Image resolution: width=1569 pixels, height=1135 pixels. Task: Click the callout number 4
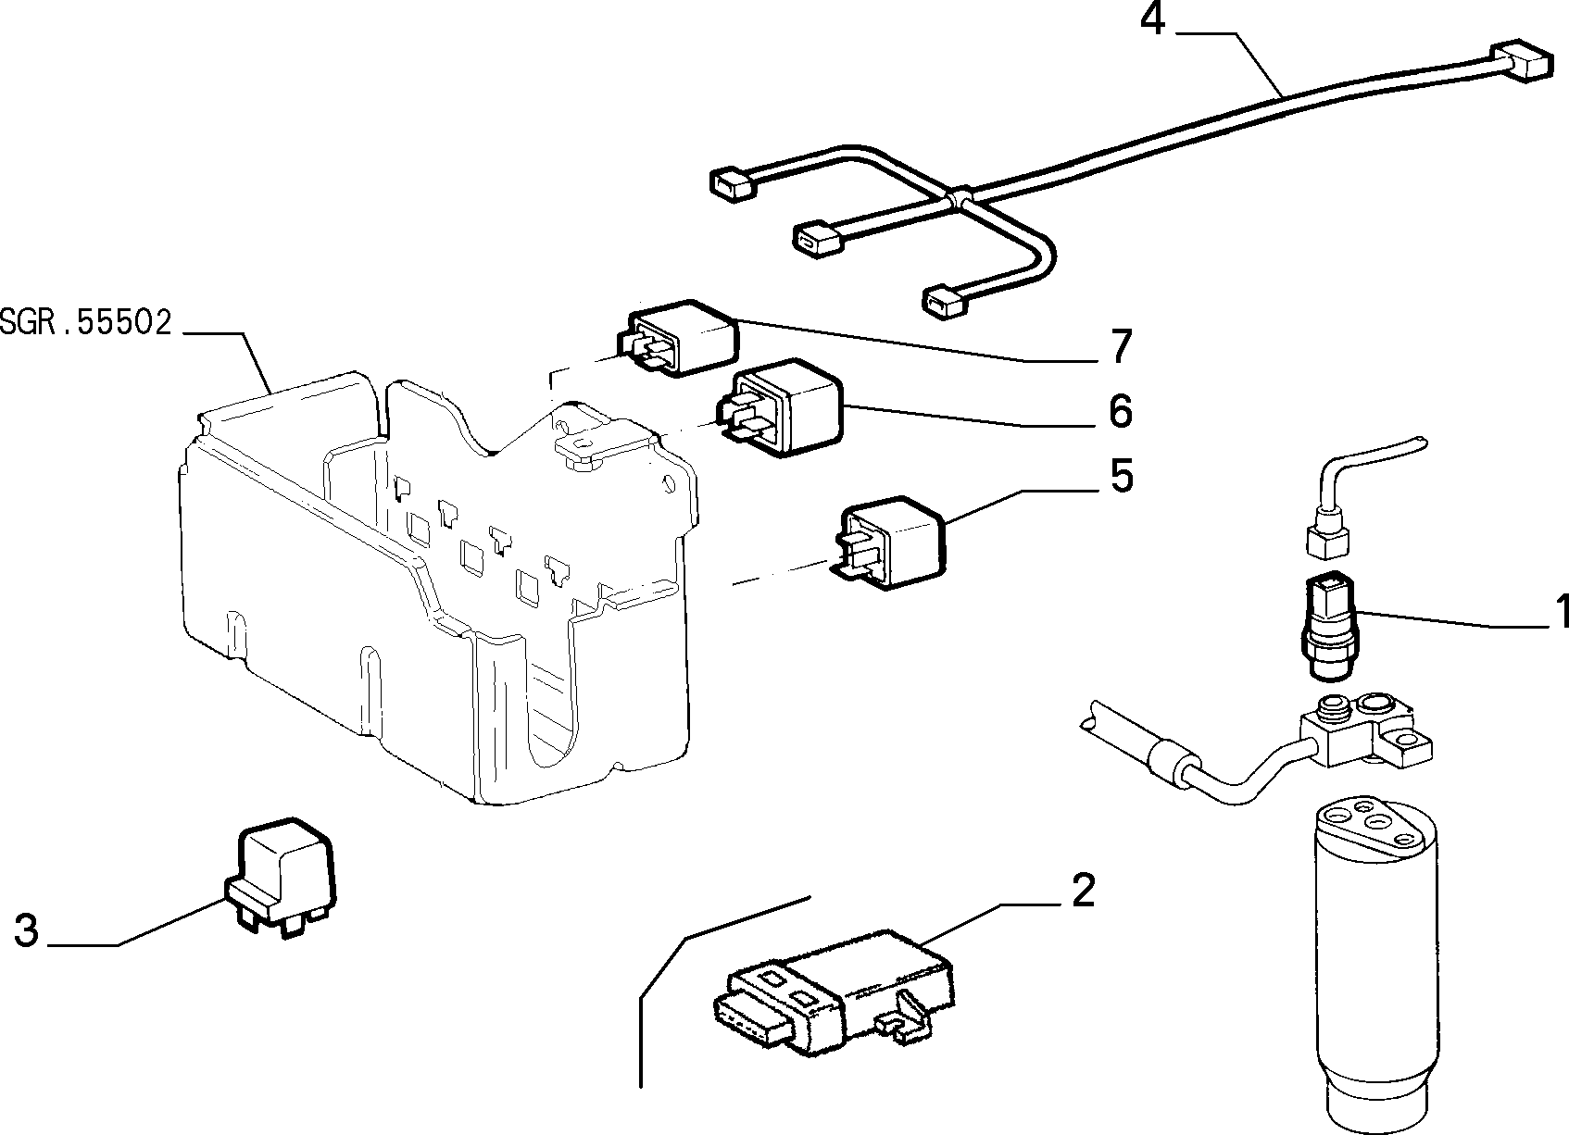tap(1153, 21)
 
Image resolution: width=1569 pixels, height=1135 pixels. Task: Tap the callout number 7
tap(1121, 346)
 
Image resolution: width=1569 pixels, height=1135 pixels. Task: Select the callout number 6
tap(1121, 411)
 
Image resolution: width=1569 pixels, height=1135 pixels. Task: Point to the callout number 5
tap(1122, 476)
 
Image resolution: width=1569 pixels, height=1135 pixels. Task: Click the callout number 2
tap(1082, 891)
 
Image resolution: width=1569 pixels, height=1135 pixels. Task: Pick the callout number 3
tap(26, 930)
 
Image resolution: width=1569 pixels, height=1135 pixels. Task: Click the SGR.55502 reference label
tap(85, 323)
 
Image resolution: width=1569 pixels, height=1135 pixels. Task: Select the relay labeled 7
tap(677, 338)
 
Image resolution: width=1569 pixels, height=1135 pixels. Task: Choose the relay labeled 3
tap(280, 878)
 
